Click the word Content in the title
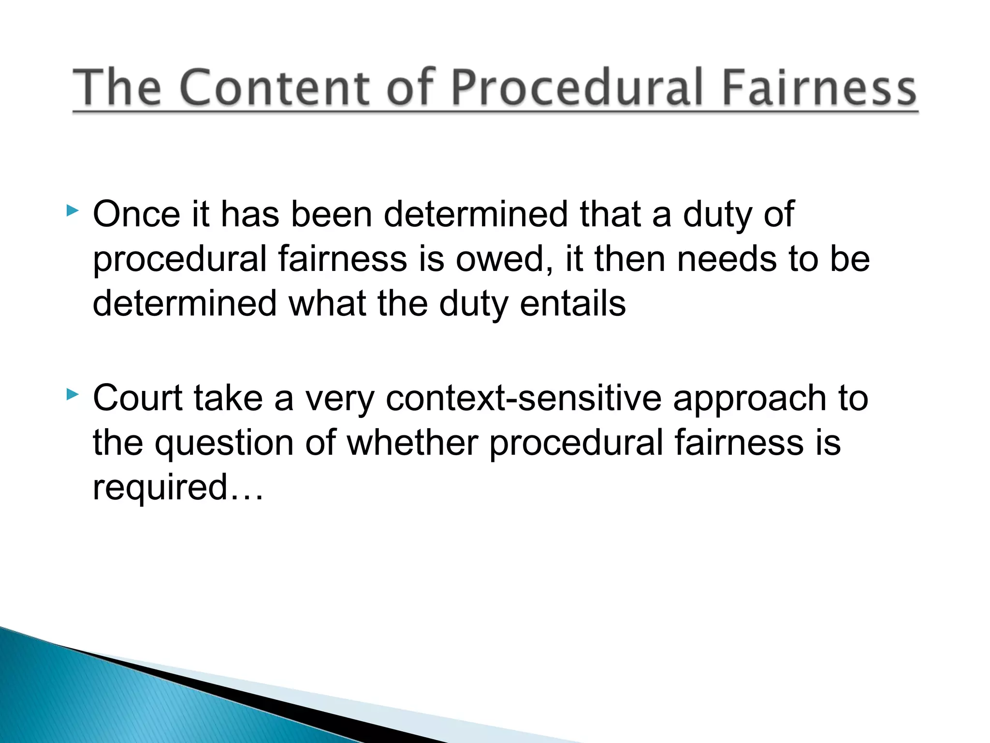point(278,88)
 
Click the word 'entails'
point(573,304)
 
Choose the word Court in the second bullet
point(138,398)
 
